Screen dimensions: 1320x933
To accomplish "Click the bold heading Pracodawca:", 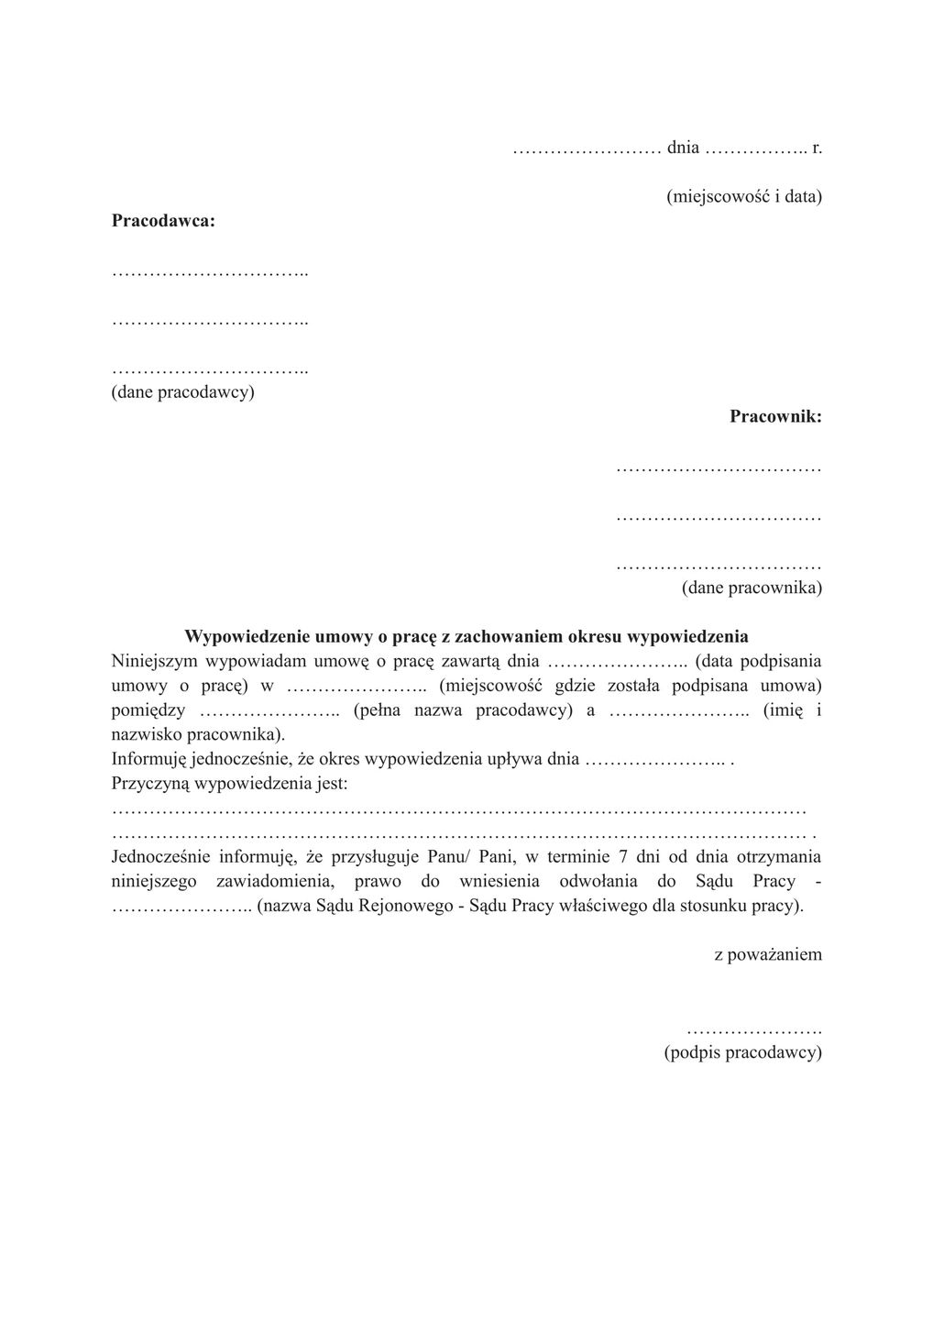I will coord(163,221).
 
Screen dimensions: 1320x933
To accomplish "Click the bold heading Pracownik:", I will coord(775,417).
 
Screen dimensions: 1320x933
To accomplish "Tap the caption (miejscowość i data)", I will coord(743,196).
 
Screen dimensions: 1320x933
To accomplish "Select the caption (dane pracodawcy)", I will coord(182,392).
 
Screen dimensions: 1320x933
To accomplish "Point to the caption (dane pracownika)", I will coord(752,588).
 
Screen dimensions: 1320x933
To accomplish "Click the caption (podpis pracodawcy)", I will coord(742,1052).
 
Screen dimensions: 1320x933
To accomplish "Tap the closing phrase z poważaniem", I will coord(768,954).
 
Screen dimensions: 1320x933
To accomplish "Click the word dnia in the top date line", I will coord(683,148).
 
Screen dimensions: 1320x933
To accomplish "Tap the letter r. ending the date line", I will coord(817,148).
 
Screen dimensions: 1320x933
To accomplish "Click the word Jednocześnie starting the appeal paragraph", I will coord(161,857).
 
